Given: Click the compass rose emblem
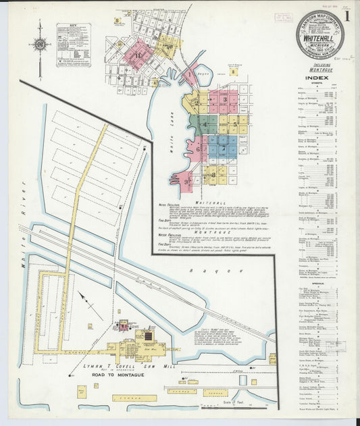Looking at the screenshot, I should (x=40, y=45).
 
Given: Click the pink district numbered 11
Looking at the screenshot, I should (x=139, y=53).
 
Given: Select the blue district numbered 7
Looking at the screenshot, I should (x=224, y=147).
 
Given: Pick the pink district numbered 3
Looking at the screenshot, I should (x=225, y=100).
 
